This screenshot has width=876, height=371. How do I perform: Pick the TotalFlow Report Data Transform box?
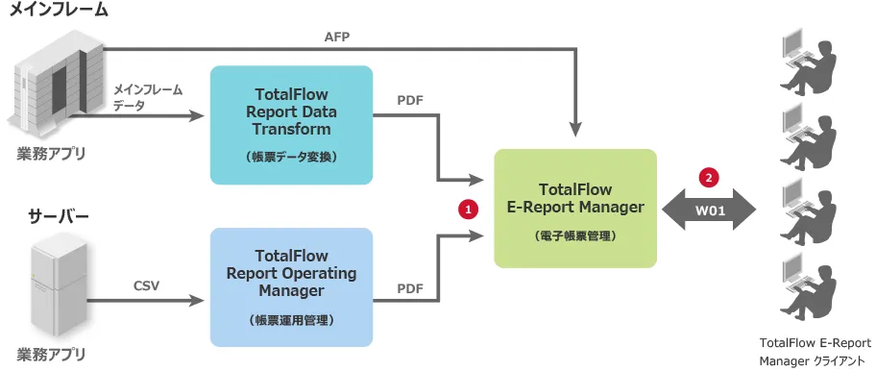[x=291, y=125]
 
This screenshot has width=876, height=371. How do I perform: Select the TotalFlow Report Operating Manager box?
[x=291, y=287]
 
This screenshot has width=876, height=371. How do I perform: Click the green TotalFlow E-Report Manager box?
[x=575, y=208]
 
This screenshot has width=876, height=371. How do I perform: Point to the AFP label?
[x=337, y=37]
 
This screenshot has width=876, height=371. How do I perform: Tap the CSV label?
[x=146, y=286]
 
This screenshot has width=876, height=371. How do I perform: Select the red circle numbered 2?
[x=709, y=178]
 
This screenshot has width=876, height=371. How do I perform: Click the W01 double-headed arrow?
[x=709, y=210]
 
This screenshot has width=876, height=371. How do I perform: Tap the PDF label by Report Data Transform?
[x=410, y=101]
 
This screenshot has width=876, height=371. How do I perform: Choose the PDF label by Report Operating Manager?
[x=410, y=289]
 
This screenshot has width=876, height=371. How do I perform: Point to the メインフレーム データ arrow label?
[x=148, y=97]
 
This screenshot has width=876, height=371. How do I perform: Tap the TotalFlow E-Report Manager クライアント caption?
[x=815, y=351]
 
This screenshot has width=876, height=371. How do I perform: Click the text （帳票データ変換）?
[x=291, y=158]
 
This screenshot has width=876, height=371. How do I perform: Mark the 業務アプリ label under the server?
[x=52, y=354]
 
